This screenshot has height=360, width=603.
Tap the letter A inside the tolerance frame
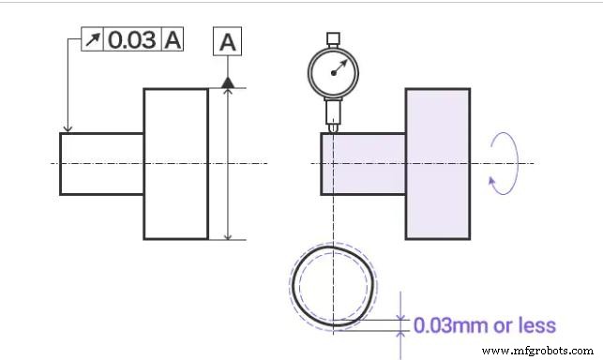pyautogui.click(x=173, y=40)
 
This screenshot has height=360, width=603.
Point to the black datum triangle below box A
pyautogui.click(x=227, y=82)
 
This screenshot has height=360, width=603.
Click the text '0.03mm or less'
pyautogui.click(x=485, y=326)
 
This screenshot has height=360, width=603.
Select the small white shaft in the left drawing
pyautogui.click(x=101, y=163)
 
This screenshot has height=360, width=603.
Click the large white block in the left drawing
pyautogui.click(x=175, y=163)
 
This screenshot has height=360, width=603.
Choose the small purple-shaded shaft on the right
pyautogui.click(x=363, y=163)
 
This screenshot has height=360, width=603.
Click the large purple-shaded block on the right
pyautogui.click(x=437, y=163)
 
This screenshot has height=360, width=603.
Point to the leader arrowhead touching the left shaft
pyautogui.click(x=67, y=129)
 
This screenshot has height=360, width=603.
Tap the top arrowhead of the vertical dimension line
pyautogui.click(x=227, y=92)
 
